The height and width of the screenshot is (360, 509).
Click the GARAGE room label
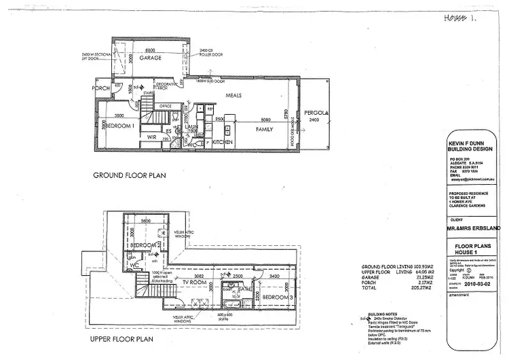click(x=151, y=58)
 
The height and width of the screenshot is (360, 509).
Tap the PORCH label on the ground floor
click(x=102, y=88)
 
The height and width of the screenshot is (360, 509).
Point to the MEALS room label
click(x=235, y=95)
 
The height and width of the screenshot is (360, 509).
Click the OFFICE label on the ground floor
click(x=165, y=107)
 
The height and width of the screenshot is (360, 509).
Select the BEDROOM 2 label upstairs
click(x=145, y=245)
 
